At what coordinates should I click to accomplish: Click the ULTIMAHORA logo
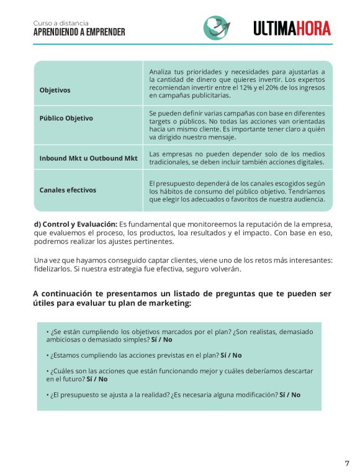pyautogui.click(x=292, y=28)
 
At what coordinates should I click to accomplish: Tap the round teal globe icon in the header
pyautogui.click(x=215, y=28)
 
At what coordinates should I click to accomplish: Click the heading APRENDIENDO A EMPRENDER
pyautogui.click(x=79, y=32)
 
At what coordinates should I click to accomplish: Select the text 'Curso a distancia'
pyautogui.click(x=61, y=23)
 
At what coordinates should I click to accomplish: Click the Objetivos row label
pyautogui.click(x=55, y=90)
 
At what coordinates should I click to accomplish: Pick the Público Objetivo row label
pyautogui.click(x=66, y=118)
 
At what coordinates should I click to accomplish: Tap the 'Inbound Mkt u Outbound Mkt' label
pyautogui.click(x=88, y=158)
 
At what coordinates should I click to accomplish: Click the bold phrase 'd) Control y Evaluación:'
pyautogui.click(x=75, y=224)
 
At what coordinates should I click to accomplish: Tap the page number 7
pyautogui.click(x=347, y=463)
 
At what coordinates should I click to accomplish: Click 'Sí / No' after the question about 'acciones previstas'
pyautogui.click(x=231, y=355)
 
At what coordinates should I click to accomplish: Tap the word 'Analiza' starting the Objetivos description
pyautogui.click(x=163, y=72)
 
